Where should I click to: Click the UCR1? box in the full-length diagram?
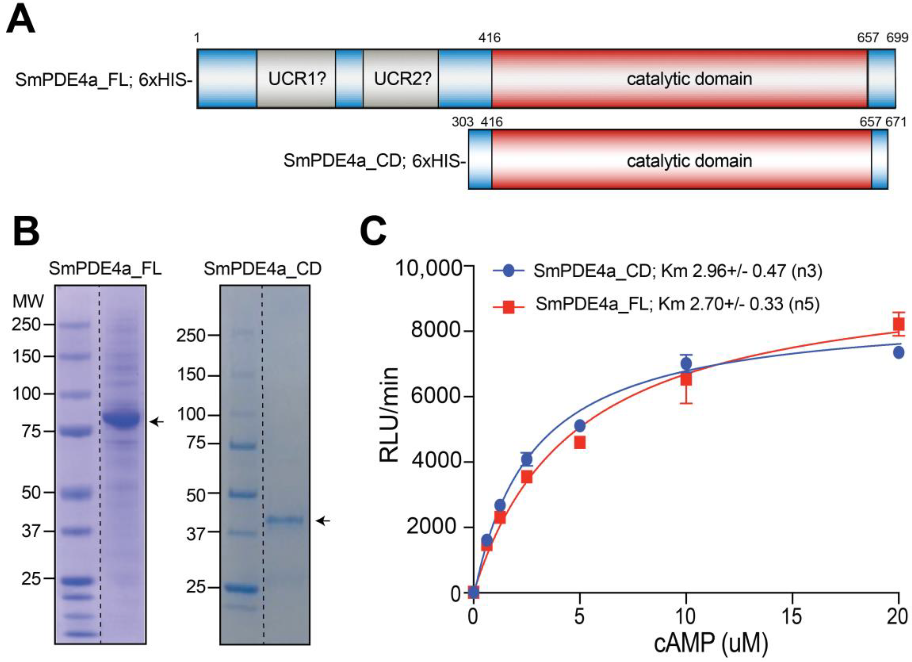296,79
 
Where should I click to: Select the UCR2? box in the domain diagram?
401,79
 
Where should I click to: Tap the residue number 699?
897,38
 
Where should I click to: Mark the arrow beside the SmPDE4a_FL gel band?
157,422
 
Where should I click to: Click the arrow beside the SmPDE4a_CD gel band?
322,521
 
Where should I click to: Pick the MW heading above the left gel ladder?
28,301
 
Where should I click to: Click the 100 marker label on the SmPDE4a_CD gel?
191,414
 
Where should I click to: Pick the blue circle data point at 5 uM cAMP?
580,426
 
